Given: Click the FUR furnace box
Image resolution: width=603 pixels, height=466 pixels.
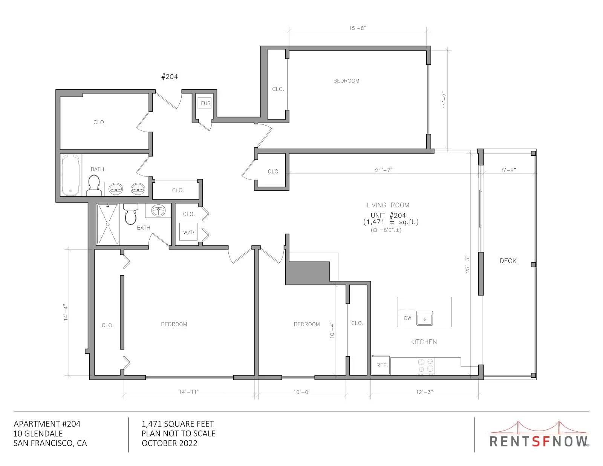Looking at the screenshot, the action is (x=205, y=103).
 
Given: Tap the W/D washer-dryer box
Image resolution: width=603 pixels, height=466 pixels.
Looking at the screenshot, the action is (x=188, y=232).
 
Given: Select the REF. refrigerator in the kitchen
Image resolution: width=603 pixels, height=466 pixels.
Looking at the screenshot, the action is (x=381, y=365).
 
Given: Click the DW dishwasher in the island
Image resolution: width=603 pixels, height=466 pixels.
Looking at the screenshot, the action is (x=407, y=318).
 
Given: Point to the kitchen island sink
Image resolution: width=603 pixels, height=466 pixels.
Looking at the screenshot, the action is (x=424, y=318).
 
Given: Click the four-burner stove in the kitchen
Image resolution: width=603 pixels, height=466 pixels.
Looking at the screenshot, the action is (x=425, y=366).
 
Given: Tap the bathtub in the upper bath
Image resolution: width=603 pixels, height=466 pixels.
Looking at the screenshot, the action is (x=70, y=175).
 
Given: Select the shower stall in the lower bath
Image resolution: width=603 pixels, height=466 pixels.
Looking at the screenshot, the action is (x=108, y=224).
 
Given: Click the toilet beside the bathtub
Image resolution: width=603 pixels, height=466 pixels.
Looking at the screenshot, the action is (x=94, y=185).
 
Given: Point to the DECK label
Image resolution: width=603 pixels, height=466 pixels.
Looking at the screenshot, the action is (x=508, y=261).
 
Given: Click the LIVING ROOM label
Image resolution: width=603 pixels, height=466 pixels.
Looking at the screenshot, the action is (x=388, y=205).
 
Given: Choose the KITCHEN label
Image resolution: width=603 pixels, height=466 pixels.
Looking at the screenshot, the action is (x=424, y=342).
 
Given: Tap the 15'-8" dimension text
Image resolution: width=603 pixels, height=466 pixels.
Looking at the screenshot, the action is (x=358, y=28).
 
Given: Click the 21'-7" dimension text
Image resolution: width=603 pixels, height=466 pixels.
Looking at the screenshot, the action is (x=384, y=170).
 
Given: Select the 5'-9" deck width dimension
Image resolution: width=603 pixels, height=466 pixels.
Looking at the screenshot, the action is (x=509, y=170).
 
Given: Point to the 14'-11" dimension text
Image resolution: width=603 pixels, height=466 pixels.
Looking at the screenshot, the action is (x=189, y=392).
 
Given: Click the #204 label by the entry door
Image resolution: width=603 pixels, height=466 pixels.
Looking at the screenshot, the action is (x=169, y=77).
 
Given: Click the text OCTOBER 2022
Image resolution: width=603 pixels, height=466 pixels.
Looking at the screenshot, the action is (x=169, y=443).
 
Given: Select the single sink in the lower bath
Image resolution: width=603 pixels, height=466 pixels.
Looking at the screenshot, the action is (x=158, y=211).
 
